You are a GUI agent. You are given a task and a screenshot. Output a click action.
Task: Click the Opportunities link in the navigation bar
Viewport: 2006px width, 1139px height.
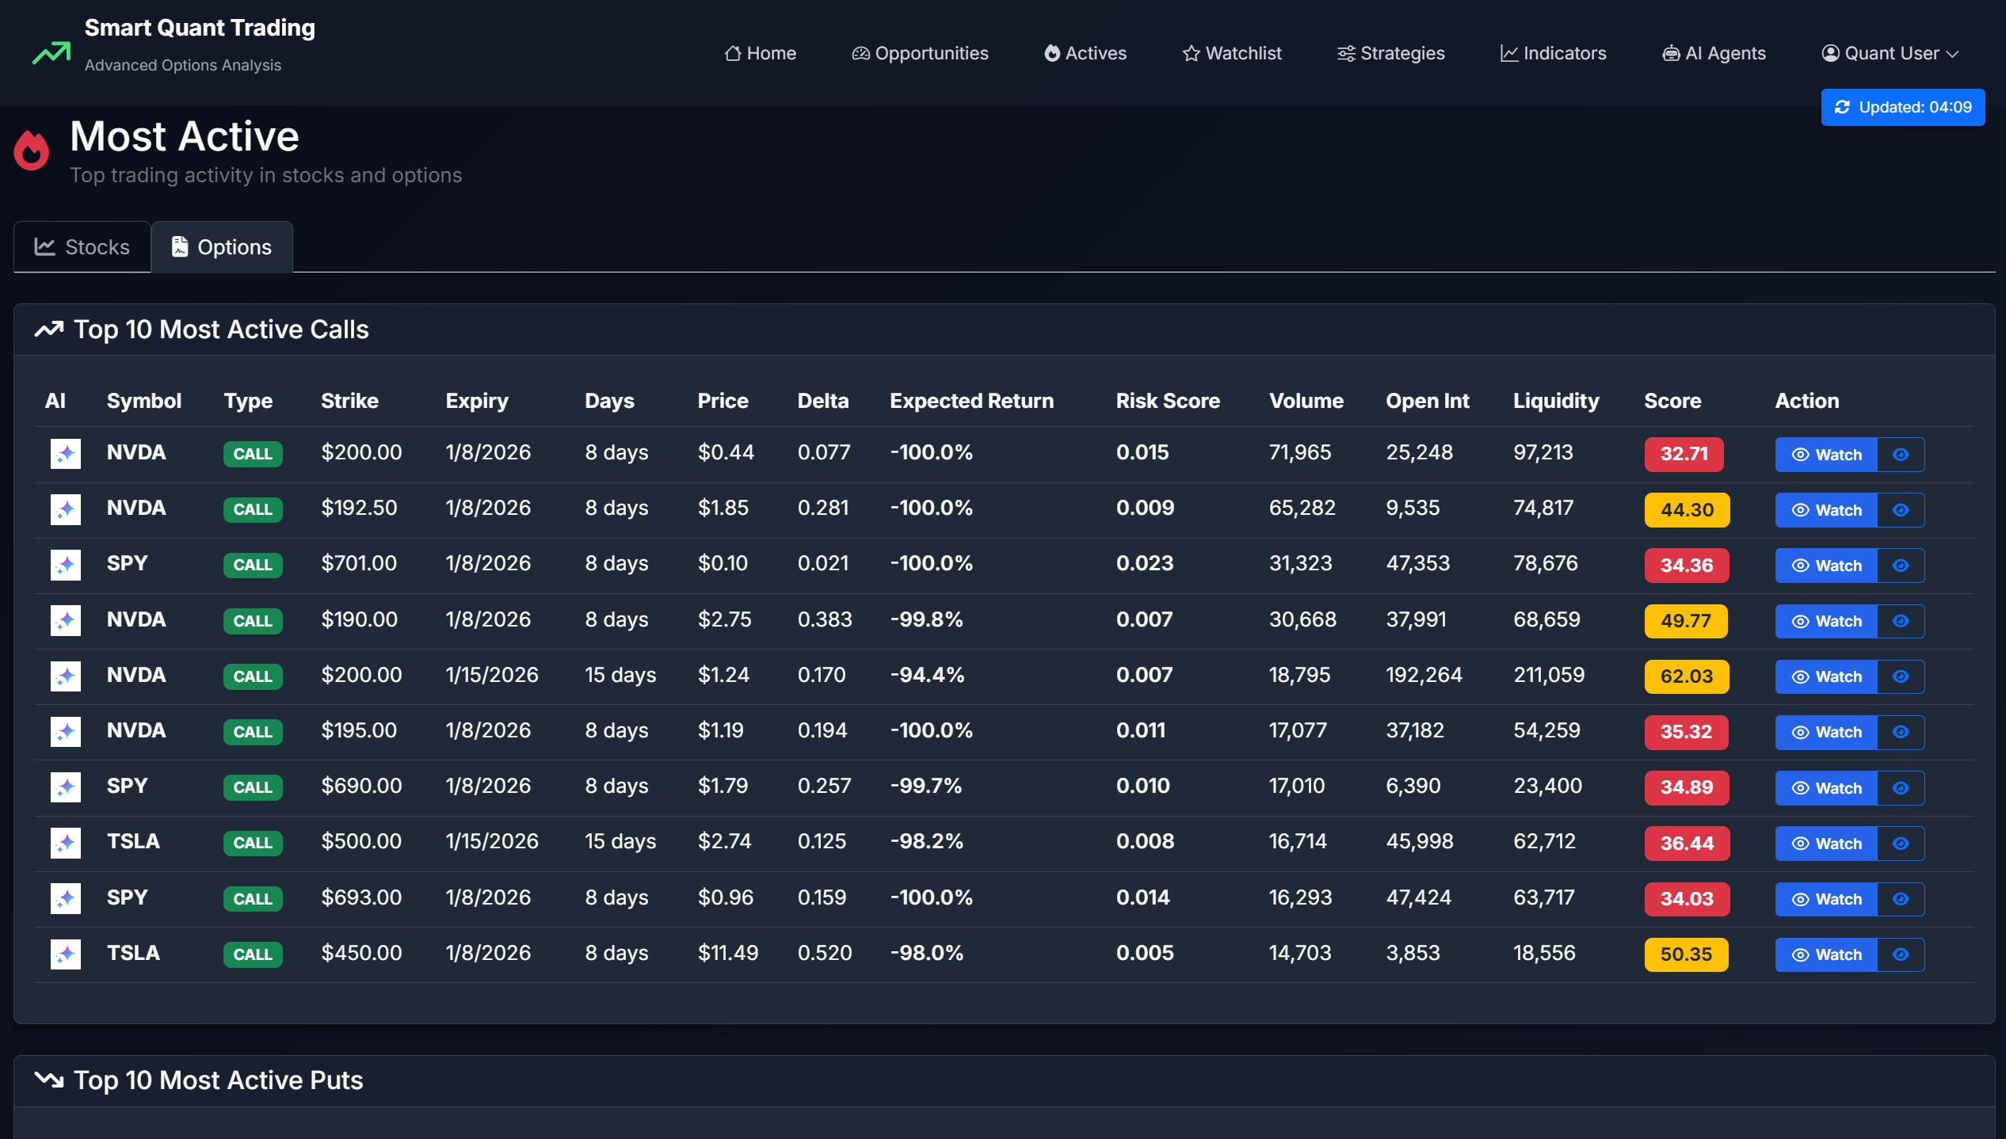pos(920,53)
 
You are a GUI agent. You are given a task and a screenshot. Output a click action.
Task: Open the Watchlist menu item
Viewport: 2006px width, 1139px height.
pos(1232,53)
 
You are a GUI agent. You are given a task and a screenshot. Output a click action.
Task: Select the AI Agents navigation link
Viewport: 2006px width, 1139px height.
pos(1714,53)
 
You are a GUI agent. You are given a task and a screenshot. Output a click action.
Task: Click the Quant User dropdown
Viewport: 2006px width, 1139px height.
pos(1890,53)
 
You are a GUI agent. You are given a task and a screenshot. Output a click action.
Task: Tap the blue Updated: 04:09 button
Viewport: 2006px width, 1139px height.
pos(1902,107)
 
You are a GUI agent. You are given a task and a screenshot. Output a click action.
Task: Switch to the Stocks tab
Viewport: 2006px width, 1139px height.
pos(82,247)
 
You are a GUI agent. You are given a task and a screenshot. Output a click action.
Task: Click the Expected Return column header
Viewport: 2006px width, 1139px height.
pos(971,401)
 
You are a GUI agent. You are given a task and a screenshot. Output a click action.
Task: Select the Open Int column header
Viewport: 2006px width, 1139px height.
pos(1427,401)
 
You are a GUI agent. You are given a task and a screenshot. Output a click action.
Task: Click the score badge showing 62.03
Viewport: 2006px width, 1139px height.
pos(1686,676)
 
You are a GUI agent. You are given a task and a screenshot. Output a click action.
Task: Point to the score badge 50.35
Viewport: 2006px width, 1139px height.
pos(1686,954)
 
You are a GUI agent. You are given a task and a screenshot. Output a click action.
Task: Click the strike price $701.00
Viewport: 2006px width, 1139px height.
pos(359,563)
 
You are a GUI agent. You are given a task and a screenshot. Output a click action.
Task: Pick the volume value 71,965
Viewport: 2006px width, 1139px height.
pos(1299,452)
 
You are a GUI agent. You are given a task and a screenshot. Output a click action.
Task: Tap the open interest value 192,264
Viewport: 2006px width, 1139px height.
pos(1424,675)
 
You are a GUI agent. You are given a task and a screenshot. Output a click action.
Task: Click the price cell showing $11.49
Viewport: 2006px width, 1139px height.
pos(727,953)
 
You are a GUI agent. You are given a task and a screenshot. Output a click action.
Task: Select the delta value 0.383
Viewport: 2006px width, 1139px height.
pos(825,619)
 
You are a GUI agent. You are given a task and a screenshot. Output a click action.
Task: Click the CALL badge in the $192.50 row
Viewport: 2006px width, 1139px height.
pos(253,509)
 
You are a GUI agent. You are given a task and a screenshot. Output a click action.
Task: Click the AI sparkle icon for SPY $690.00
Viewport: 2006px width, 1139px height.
pos(66,787)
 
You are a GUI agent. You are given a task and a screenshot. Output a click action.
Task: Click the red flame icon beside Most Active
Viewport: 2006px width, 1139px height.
pos(32,150)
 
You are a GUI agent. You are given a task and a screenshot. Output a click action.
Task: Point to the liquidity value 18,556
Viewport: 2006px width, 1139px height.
pos(1544,953)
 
